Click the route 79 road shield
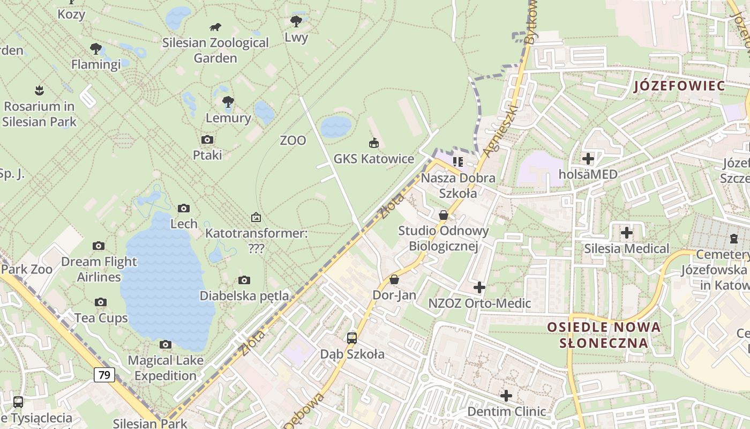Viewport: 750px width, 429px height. [104, 374]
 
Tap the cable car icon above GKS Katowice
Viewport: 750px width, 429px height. [374, 143]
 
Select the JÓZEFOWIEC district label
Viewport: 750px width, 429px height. [679, 86]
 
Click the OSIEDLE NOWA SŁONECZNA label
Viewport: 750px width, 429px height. [604, 335]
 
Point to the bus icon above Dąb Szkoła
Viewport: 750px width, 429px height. [351, 338]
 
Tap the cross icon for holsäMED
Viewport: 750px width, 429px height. [588, 159]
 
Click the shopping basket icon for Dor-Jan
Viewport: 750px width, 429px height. [394, 279]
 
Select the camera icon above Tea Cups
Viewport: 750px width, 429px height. [100, 302]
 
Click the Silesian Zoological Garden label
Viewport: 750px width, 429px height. [215, 50]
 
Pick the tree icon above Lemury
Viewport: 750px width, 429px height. [228, 101]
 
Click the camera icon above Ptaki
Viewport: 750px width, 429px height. [207, 140]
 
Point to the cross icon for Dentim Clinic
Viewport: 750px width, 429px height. [506, 396]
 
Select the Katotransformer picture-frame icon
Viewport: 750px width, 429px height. [256, 217]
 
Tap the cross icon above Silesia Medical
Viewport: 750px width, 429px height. [626, 233]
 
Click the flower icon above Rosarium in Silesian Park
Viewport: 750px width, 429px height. [39, 90]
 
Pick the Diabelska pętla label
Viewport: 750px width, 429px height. [244, 295]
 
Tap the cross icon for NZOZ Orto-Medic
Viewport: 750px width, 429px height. [479, 288]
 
